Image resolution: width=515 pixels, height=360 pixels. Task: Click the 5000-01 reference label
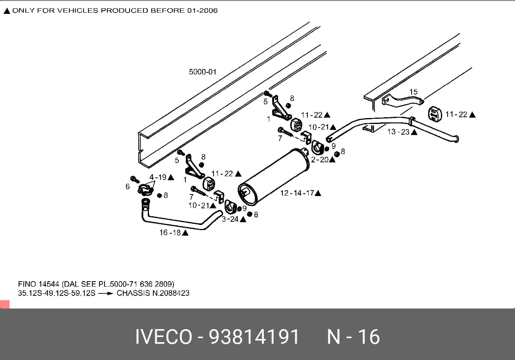point(202,72)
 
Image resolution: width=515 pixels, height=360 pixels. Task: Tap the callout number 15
point(413,92)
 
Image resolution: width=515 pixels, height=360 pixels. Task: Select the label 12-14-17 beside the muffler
point(297,193)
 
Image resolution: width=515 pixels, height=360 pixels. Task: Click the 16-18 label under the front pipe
point(170,232)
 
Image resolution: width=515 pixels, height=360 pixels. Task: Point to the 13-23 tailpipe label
point(399,132)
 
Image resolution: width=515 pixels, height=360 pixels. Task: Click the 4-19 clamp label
point(158,177)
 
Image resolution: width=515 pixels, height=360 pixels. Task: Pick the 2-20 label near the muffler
point(320,160)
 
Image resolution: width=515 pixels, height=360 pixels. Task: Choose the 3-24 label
point(230,219)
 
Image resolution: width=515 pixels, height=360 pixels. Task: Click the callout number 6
point(128,187)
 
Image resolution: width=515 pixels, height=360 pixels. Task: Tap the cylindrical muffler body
point(274,177)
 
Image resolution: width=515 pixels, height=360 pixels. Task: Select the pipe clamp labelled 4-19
point(146,190)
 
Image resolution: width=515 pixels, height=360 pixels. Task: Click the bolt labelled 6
point(135,179)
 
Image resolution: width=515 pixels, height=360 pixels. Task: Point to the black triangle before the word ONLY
point(7,11)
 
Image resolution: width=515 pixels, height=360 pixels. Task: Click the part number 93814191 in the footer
point(254,337)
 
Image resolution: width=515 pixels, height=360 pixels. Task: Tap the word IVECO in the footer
point(164,337)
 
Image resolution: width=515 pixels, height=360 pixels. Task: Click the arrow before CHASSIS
point(105,293)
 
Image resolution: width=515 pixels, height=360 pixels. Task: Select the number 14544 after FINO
point(49,284)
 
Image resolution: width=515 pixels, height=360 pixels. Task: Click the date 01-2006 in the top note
point(202,11)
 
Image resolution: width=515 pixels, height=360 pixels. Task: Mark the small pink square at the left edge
point(5,304)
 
